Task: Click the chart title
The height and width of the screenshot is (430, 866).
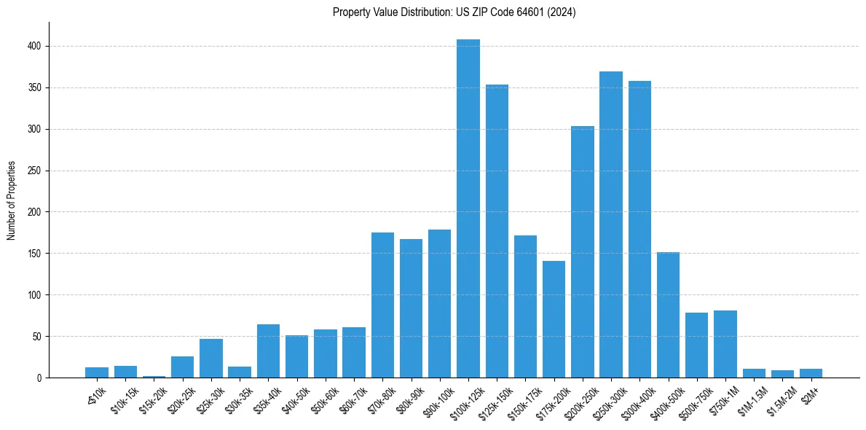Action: tap(454, 12)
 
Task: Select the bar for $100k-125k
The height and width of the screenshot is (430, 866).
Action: tap(468, 208)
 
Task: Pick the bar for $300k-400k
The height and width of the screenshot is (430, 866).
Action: tap(639, 229)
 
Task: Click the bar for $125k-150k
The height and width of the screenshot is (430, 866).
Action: tap(497, 231)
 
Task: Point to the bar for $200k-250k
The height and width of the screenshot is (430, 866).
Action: tap(583, 252)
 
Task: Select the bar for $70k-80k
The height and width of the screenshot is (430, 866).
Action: tap(382, 305)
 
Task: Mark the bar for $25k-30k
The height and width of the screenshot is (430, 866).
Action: tap(211, 359)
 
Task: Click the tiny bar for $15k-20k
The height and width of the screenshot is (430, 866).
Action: tap(154, 377)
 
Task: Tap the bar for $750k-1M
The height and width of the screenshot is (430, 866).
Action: tap(725, 344)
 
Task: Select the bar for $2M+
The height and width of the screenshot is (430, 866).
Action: tap(811, 373)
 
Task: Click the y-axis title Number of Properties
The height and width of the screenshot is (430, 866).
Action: tap(12, 200)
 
